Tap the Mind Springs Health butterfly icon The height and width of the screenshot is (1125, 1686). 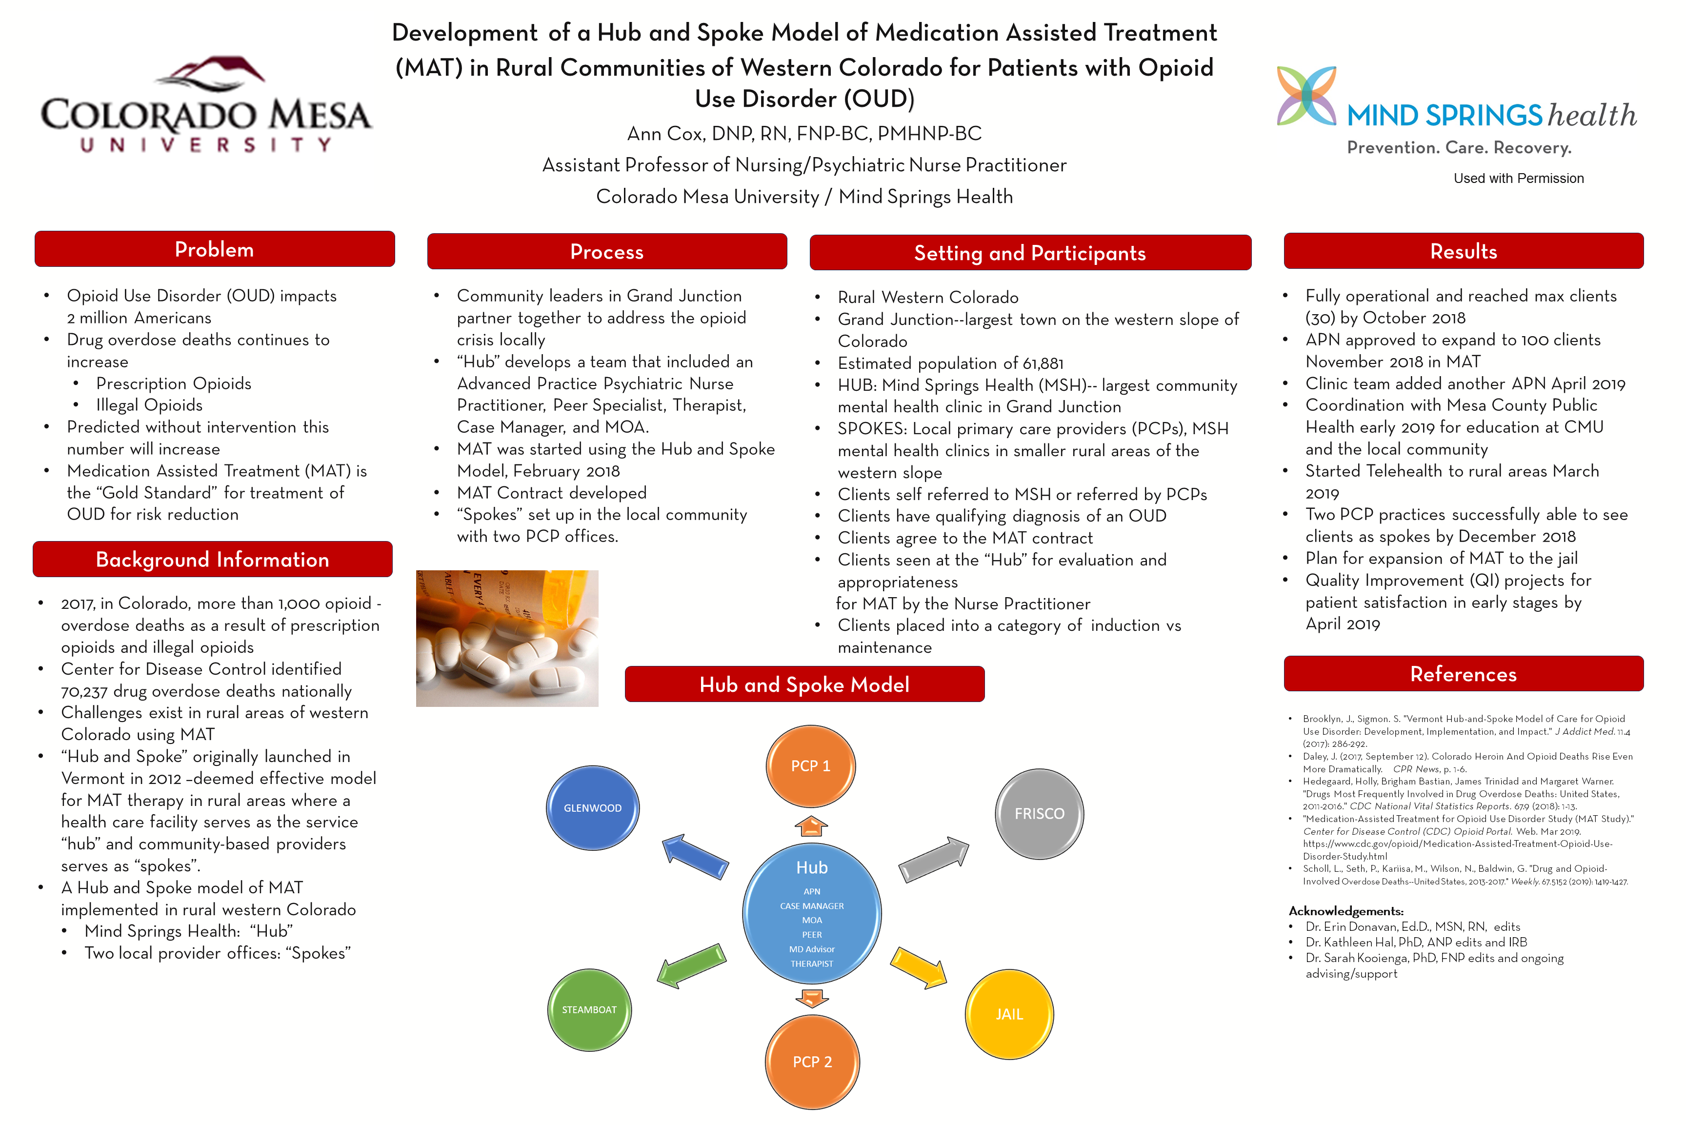point(1306,96)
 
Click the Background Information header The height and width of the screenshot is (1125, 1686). point(212,560)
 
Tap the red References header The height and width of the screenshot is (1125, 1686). point(1463,674)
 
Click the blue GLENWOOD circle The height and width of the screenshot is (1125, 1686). point(593,808)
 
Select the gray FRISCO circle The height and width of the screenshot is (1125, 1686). point(1039,814)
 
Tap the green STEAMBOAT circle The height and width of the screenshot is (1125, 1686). point(589,1009)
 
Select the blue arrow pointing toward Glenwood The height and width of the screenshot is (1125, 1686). point(695,856)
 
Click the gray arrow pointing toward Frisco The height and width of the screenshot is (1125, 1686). point(933,858)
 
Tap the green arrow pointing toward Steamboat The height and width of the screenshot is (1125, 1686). point(692,966)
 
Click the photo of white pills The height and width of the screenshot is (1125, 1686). point(507,639)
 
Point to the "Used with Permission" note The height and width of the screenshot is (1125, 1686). point(1518,179)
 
